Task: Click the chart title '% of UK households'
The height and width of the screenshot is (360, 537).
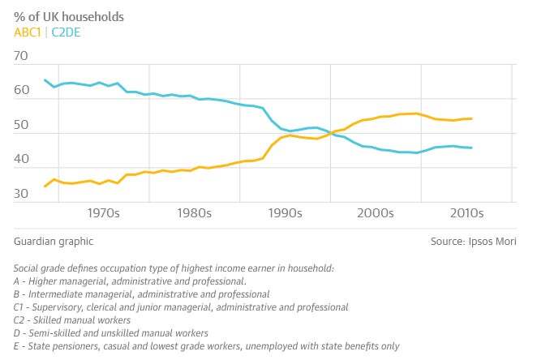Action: [69, 17]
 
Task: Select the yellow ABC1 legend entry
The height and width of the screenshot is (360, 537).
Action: [28, 32]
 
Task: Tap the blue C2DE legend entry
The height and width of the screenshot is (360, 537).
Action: [66, 32]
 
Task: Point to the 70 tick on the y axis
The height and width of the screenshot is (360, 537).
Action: [20, 55]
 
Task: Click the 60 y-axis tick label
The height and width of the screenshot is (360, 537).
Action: [21, 90]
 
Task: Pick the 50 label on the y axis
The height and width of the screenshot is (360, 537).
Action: [21, 125]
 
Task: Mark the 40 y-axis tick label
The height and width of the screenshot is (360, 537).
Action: [21, 159]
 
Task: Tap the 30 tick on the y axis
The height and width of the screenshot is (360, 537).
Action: [21, 193]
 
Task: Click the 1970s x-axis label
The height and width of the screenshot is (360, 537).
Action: [104, 213]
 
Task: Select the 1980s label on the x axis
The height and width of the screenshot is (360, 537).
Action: [194, 213]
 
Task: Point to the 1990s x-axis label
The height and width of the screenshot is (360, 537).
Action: [285, 213]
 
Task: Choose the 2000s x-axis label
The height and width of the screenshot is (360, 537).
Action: [376, 213]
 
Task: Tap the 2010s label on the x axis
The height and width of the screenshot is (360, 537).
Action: [466, 213]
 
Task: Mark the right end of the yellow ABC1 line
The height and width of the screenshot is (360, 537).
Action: [471, 118]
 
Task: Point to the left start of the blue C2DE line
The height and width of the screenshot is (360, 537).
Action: [45, 80]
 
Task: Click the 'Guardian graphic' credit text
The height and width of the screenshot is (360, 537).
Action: [54, 242]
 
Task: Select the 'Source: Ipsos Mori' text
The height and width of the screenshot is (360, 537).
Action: [473, 242]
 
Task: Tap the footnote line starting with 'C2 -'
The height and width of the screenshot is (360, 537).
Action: [72, 320]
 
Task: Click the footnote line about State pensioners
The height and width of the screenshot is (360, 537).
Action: [207, 346]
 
